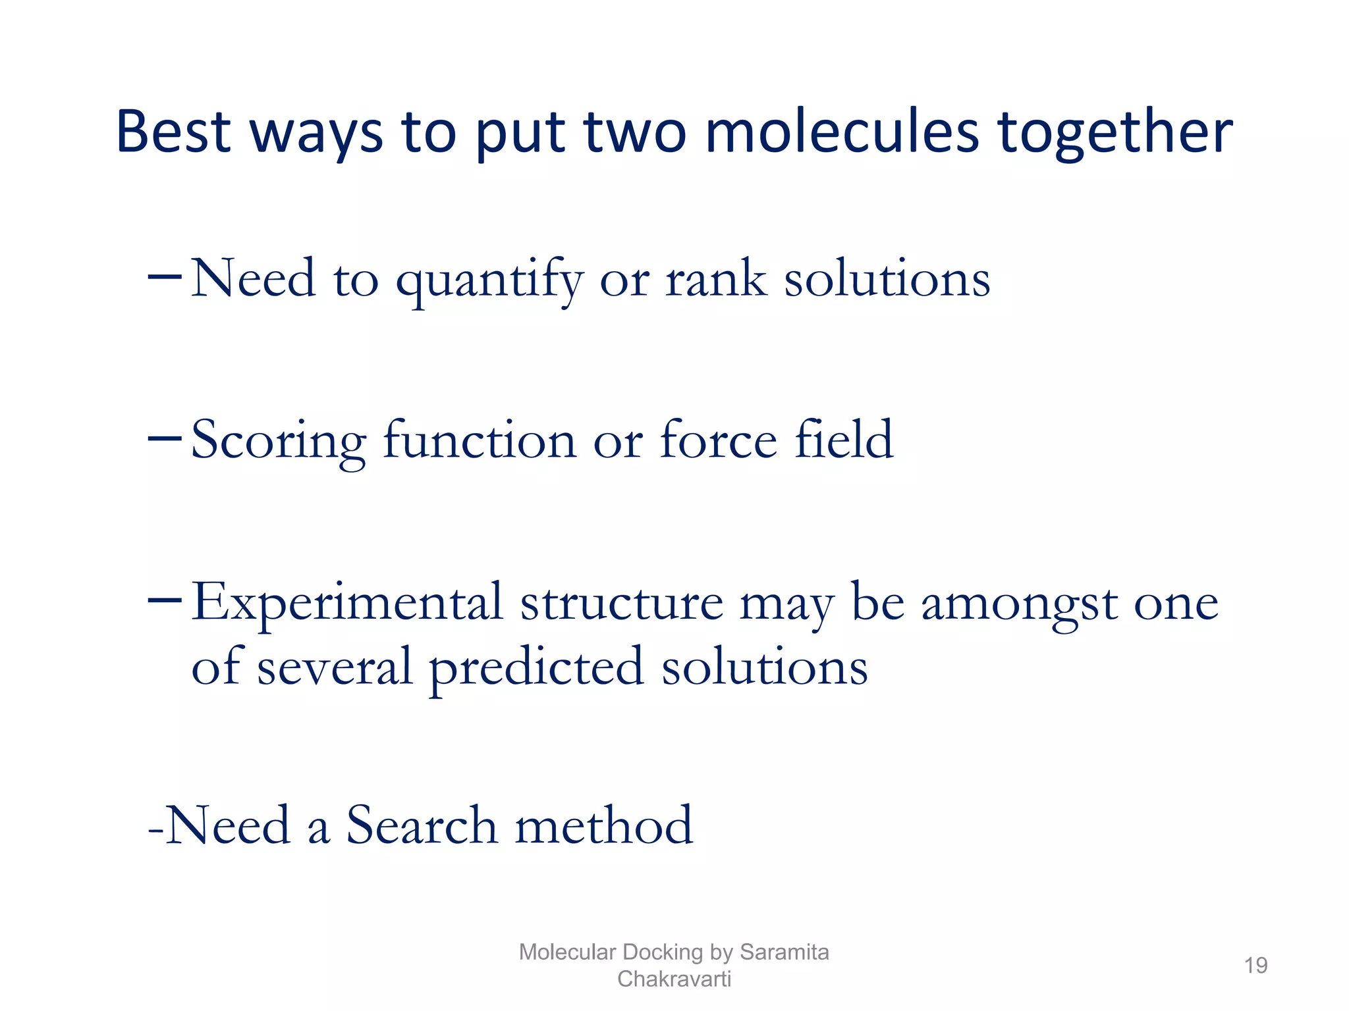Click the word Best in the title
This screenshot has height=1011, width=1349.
173,132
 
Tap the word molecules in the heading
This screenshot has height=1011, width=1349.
842,132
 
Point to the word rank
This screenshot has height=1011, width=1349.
716,279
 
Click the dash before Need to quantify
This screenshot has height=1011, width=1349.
164,276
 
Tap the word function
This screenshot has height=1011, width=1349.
479,440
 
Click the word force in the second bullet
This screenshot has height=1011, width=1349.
718,440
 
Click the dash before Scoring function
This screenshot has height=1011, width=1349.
164,438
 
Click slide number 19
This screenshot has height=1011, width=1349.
1255,966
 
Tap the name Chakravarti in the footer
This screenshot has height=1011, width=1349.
674,979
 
